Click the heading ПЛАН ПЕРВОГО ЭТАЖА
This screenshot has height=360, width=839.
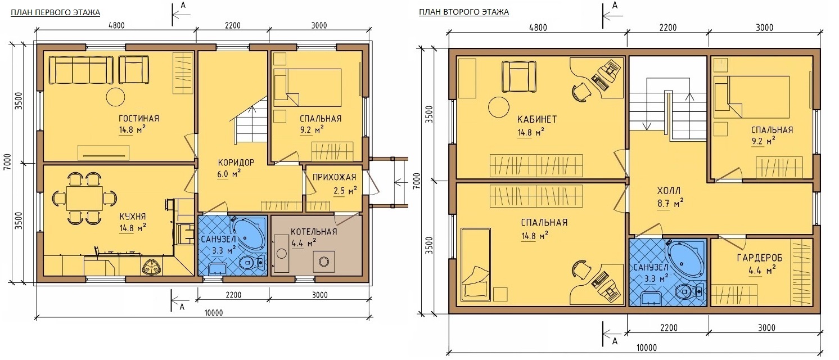click(56, 13)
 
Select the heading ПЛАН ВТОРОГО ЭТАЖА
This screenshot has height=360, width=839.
click(464, 12)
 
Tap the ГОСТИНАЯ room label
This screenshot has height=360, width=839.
click(139, 118)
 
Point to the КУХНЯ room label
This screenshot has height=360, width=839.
click(133, 217)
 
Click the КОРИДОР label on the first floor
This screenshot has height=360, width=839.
click(236, 162)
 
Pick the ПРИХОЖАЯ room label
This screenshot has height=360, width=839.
click(334, 177)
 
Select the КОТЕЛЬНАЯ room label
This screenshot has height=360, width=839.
click(314, 232)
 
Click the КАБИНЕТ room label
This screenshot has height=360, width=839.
click(537, 119)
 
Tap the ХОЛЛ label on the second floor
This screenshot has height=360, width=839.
click(669, 191)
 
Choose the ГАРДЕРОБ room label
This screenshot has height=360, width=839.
click(760, 258)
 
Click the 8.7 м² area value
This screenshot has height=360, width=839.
click(670, 204)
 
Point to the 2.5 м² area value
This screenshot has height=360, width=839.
click(345, 191)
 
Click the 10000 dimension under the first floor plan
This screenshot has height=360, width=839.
click(214, 313)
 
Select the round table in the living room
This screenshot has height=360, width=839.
click(115, 97)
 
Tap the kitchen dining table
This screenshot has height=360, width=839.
click(85, 198)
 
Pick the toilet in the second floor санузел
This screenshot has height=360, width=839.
click(691, 291)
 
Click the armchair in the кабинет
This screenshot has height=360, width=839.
click(519, 77)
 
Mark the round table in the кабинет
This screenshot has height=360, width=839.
click(499, 107)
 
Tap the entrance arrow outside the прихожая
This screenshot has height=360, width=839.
click(401, 183)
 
